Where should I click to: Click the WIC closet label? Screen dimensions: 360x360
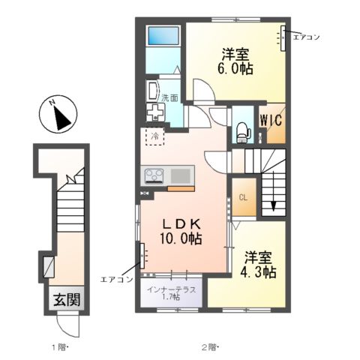coord(271,120)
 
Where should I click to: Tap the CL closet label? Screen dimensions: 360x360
coord(243,198)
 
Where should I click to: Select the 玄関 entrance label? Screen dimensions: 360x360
coord(67,299)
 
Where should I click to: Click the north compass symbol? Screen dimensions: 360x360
coord(58,114)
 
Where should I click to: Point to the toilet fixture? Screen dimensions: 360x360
coord(244,132)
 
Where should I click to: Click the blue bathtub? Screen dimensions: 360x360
coord(163,35)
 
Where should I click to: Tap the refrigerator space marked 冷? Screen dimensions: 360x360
coord(155,136)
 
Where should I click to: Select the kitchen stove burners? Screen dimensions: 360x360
coord(154,175)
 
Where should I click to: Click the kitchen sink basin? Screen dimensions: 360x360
coord(180,175)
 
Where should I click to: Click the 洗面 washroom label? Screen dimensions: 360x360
coord(169,97)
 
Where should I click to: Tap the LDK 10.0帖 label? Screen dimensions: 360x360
coord(181,231)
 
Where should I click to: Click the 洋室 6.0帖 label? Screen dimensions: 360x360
coord(235,61)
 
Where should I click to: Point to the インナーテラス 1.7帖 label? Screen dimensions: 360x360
coord(171,293)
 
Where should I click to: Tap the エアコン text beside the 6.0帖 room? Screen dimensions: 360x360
coord(307,37)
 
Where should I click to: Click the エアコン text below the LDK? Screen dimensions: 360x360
coord(116,279)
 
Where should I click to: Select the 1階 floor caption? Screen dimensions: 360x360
coord(60,347)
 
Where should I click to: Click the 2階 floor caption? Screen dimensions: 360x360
coord(210,347)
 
